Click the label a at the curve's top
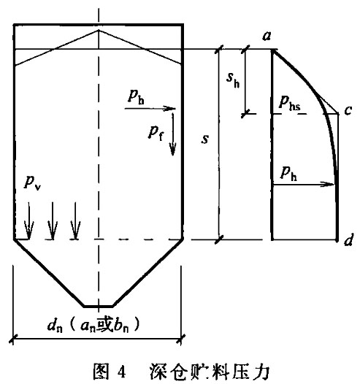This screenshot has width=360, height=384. point(267,36)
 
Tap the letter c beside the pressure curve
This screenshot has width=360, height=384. point(348,110)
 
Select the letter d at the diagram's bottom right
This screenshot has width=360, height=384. point(348,239)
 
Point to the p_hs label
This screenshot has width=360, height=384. point(290,102)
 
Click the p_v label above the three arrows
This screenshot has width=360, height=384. point(32,183)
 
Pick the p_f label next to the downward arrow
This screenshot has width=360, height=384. point(156,133)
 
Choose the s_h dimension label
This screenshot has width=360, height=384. point(233,80)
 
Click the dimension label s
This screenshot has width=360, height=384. point(205,139)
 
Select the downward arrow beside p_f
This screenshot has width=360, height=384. point(173,134)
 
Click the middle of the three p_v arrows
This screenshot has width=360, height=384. point(52,220)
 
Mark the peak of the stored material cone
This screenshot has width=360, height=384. point(99,30)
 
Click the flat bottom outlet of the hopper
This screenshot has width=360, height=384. point(98,306)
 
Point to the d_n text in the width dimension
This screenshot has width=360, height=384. point(55,326)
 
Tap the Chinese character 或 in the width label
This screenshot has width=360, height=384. point(104,325)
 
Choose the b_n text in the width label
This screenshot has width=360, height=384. point(120,326)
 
